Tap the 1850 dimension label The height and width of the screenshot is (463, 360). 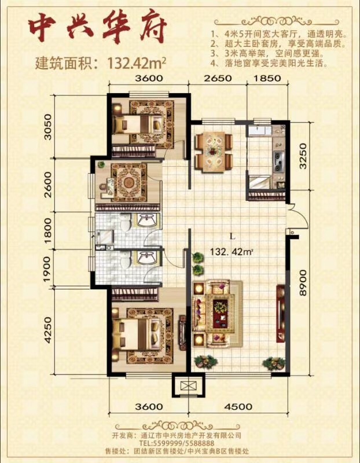click(266, 78)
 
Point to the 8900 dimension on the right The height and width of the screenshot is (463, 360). click(303, 282)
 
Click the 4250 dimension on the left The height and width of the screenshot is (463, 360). click(47, 330)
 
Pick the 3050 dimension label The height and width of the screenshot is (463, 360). click(47, 127)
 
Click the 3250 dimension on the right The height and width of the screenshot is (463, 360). click(303, 156)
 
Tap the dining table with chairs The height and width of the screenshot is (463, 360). click(213, 152)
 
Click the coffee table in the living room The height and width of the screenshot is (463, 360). click(220, 314)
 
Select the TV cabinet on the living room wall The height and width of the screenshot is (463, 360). click(281, 313)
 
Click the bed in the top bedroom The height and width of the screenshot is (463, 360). click(138, 124)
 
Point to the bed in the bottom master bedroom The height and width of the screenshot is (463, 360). click(137, 335)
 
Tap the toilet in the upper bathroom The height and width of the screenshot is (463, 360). click(126, 222)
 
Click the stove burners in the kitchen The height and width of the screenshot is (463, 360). click(278, 161)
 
